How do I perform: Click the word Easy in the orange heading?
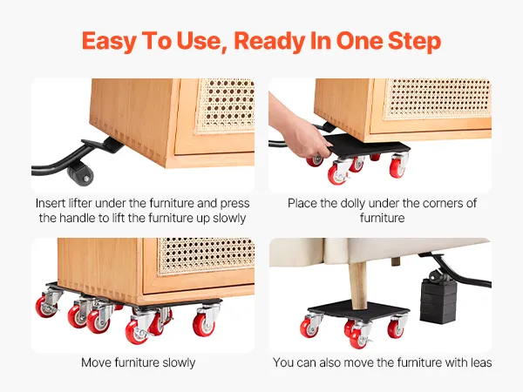pyautogui.click(x=109, y=41)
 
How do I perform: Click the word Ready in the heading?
pyautogui.click(x=269, y=41)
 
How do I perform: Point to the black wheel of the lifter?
pyautogui.click(x=80, y=174)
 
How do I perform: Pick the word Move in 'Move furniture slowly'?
pyautogui.click(x=96, y=362)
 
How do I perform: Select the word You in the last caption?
pyautogui.click(x=282, y=362)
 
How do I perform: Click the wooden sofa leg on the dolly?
pyautogui.click(x=358, y=284)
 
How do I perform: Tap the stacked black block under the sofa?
pyautogui.click(x=438, y=301)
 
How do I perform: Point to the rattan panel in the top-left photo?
pyautogui.click(x=225, y=106)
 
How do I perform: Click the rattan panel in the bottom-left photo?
pyautogui.click(x=206, y=255)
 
